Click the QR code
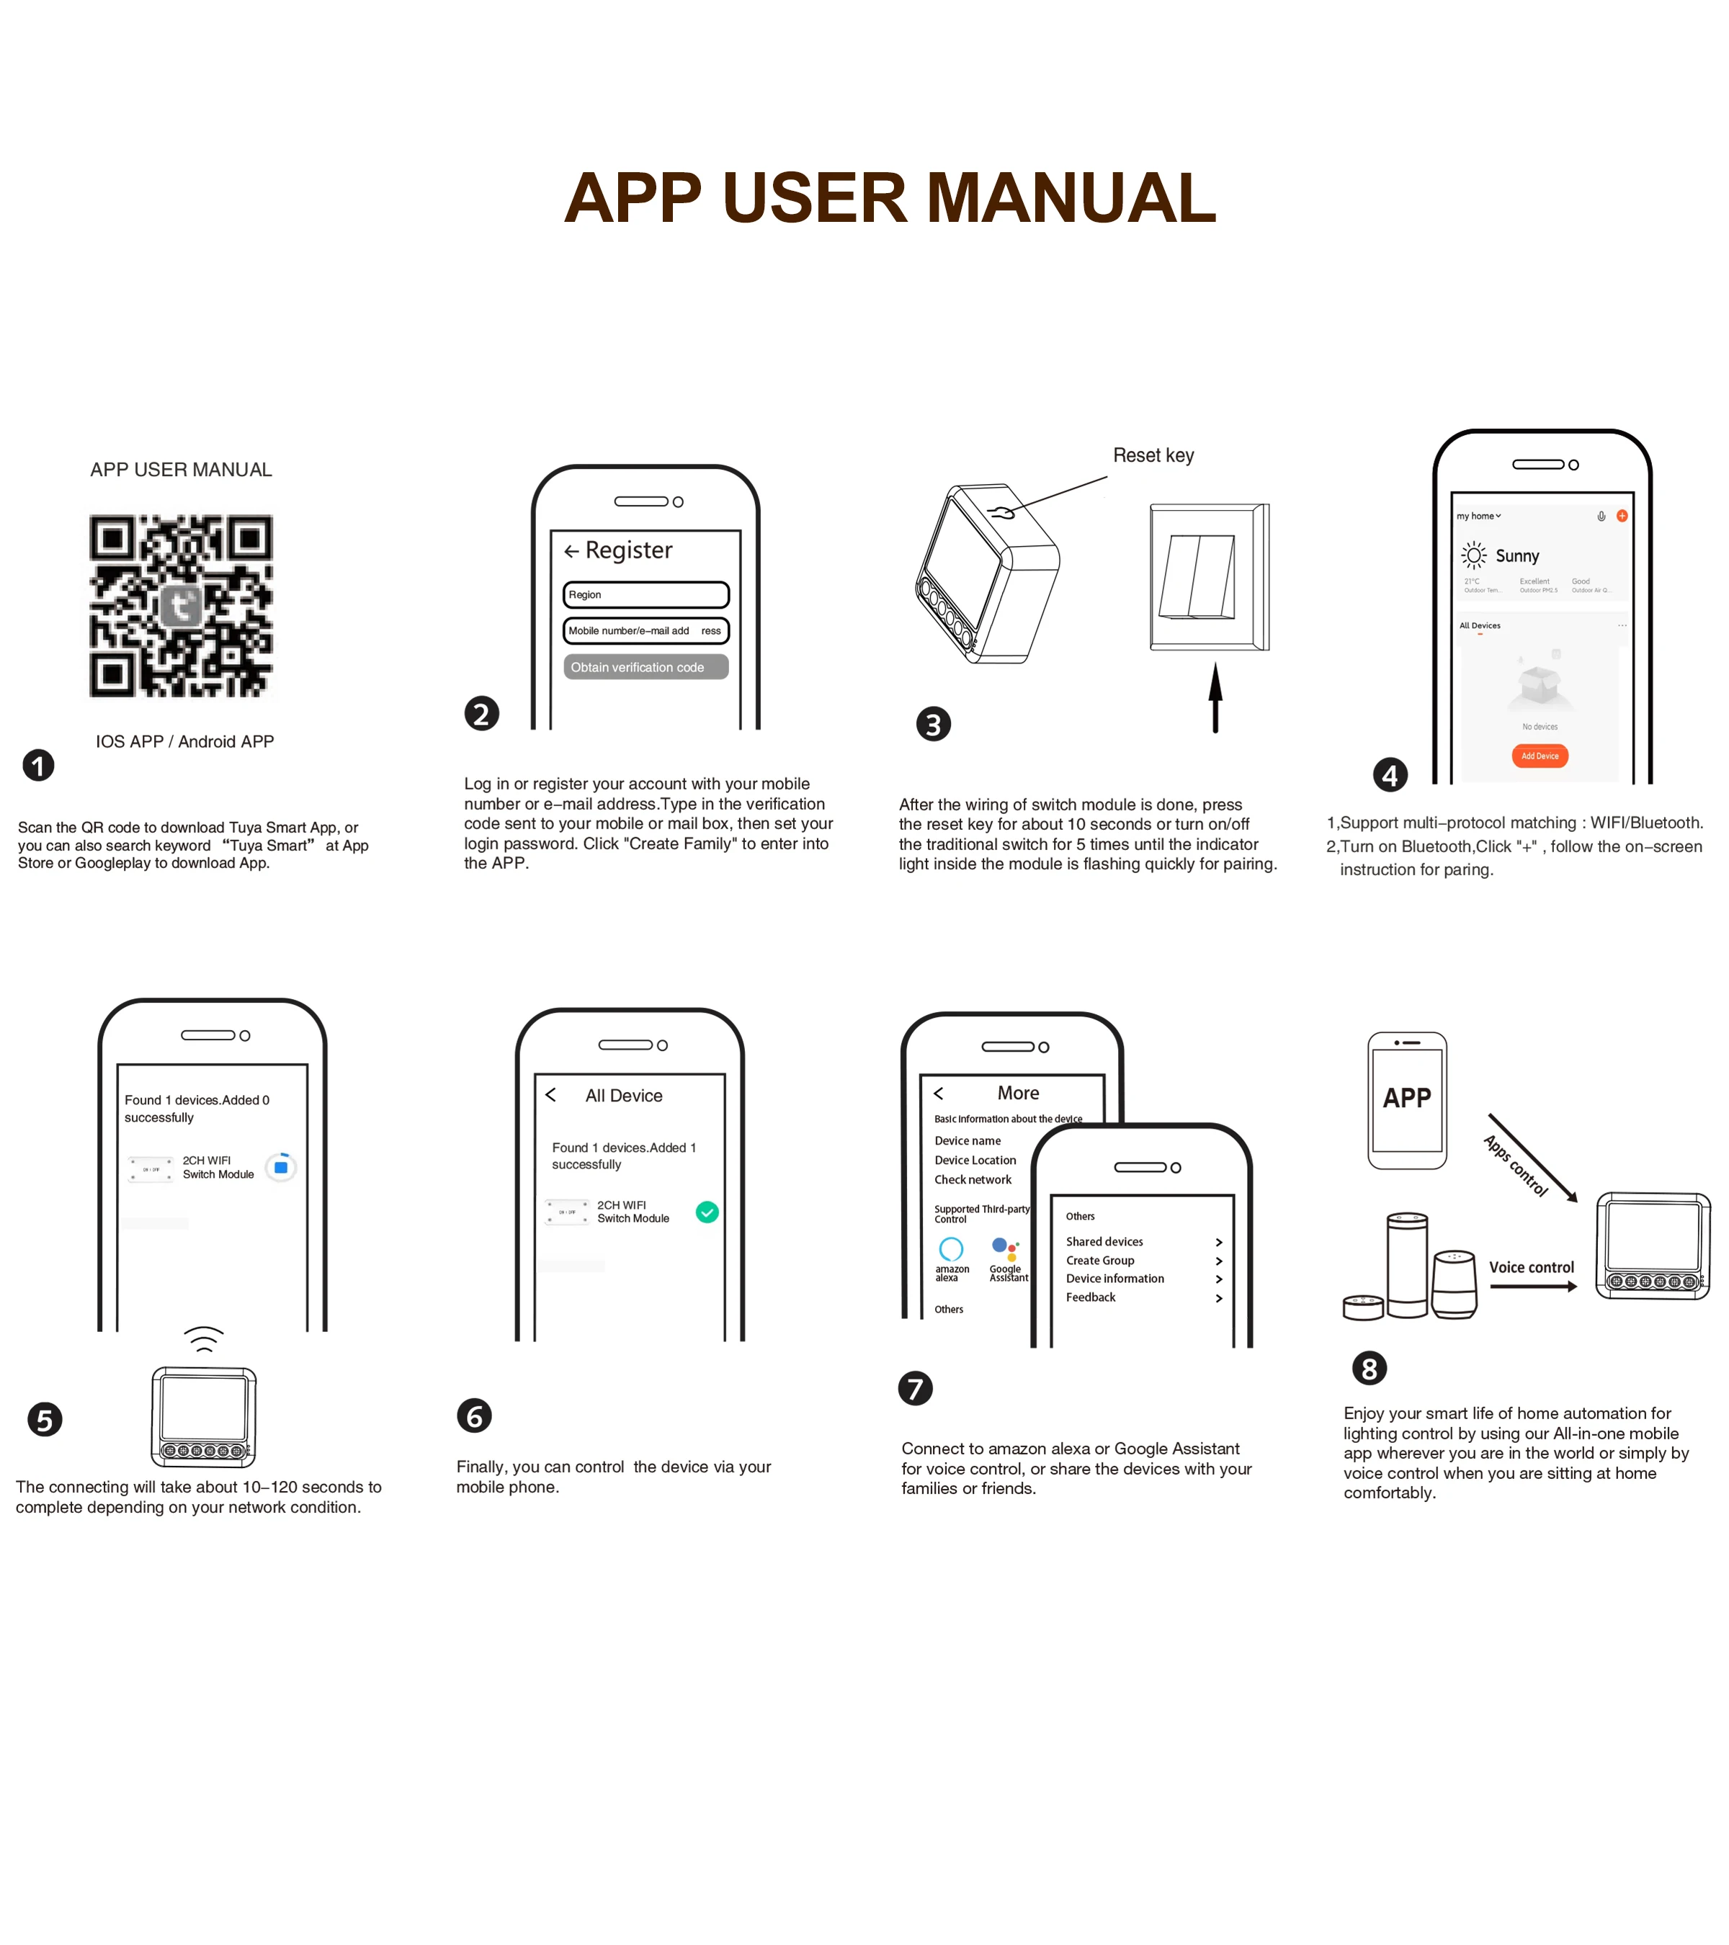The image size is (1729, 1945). (x=181, y=605)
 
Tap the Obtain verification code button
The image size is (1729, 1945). (x=645, y=667)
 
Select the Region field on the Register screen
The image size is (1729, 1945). (x=645, y=595)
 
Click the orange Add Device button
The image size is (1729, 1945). (x=1540, y=756)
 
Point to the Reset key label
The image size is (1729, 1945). (x=1153, y=456)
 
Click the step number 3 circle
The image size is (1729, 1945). (x=932, y=724)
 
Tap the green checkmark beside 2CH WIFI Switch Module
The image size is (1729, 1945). (x=707, y=1212)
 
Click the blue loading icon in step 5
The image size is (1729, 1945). (x=281, y=1166)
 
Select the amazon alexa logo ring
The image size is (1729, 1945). (x=951, y=1248)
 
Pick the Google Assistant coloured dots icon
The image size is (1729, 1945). (x=1005, y=1248)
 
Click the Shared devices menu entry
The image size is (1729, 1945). (x=1104, y=1242)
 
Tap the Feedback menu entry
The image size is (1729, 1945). (x=1091, y=1297)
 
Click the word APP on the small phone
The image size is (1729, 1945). (x=1406, y=1098)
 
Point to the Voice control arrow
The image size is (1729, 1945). (x=1533, y=1287)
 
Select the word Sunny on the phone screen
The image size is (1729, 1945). (x=1516, y=555)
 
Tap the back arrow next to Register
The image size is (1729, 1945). (x=571, y=551)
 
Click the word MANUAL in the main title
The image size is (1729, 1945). (x=1071, y=198)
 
